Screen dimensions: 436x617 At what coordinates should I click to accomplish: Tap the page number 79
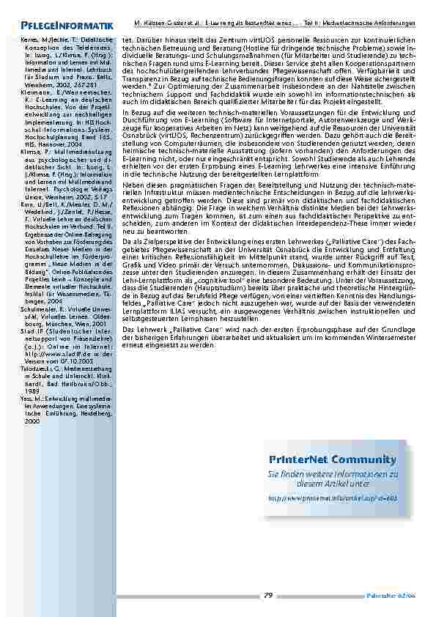[268, 594]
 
